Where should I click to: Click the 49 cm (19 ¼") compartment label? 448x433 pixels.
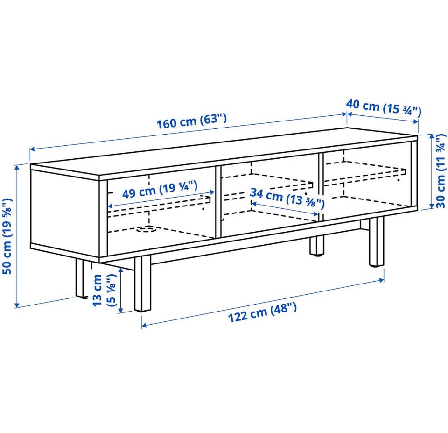160,190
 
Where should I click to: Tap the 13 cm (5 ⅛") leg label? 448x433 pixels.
104,290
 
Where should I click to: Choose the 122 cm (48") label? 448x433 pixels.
262,312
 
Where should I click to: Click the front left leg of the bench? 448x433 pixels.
142,284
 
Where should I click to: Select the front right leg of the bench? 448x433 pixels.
377,241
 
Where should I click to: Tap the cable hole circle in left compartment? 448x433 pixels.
146,229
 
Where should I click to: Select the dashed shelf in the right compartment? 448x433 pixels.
365,173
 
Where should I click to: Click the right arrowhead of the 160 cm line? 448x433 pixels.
344,114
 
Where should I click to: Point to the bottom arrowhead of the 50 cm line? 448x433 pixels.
17,305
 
